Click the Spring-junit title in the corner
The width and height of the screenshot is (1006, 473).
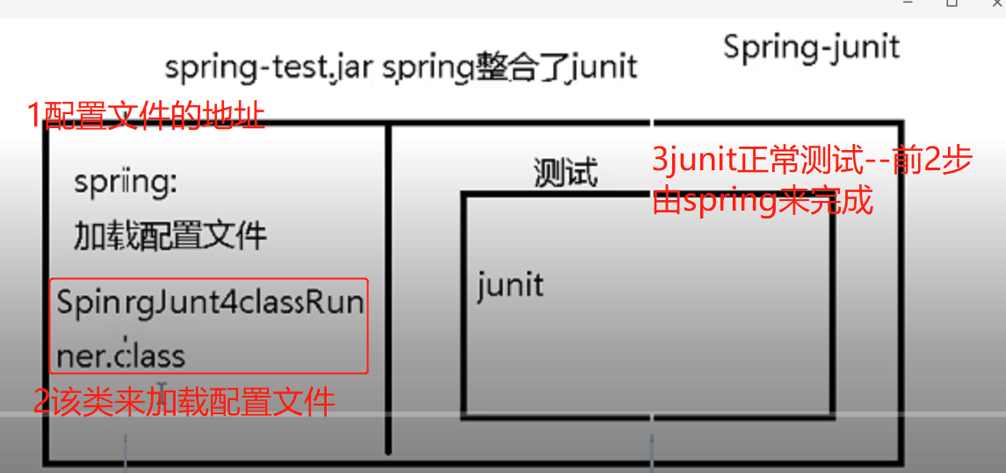pos(811,47)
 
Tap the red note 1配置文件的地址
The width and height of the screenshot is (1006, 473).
pos(146,115)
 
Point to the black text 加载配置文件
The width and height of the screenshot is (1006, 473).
pos(170,235)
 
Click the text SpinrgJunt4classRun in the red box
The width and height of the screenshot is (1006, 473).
pos(210,303)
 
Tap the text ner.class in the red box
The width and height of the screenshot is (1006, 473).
pos(120,355)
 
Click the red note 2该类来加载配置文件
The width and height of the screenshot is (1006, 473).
pos(184,402)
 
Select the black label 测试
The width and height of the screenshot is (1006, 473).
pos(565,172)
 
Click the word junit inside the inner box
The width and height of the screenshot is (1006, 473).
pos(510,285)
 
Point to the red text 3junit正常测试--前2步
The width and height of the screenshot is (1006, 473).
pos(811,162)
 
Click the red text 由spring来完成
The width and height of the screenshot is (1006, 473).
pos(763,201)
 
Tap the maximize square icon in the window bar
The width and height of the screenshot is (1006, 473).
pos(952,4)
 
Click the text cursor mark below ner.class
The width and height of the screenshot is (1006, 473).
pos(162,387)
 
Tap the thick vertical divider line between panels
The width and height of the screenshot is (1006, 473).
pos(387,290)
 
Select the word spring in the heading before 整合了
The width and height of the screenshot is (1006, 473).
pos(427,68)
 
